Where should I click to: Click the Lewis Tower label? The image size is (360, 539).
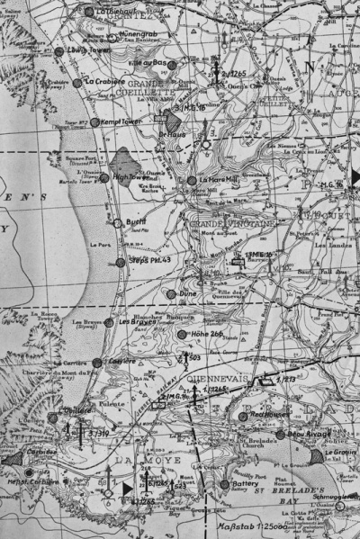click(x=83, y=51)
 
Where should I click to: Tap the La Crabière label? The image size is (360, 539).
click(x=103, y=81)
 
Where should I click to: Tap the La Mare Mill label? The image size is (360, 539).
click(x=218, y=180)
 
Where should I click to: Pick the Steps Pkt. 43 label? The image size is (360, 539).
click(x=151, y=262)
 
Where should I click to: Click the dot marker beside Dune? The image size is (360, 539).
click(x=170, y=293)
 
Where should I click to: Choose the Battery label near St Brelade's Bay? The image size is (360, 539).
click(x=245, y=483)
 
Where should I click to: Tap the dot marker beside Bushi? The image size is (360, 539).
click(x=116, y=220)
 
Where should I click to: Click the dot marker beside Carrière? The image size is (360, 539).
click(x=98, y=362)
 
